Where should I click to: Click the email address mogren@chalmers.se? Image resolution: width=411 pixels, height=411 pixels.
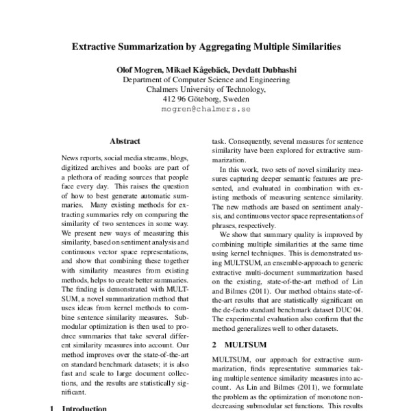206,109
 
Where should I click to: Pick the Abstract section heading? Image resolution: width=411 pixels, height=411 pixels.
125,141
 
